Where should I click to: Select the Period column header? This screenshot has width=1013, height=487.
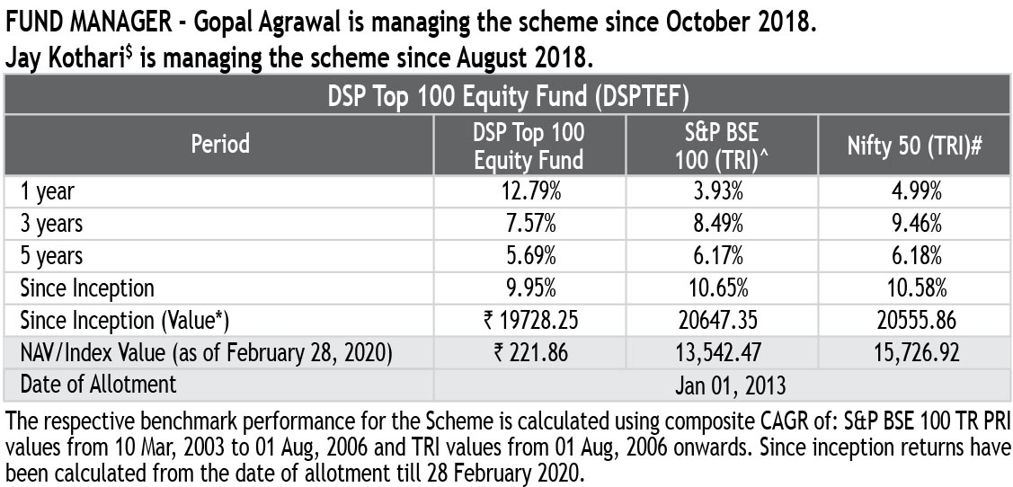[x=220, y=144]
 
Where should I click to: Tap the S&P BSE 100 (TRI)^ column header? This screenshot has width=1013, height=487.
[x=722, y=145]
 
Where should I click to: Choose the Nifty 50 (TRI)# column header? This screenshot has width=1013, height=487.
[x=915, y=146]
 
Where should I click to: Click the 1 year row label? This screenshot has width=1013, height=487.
[x=47, y=191]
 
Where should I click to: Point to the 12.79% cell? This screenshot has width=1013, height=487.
[x=529, y=191]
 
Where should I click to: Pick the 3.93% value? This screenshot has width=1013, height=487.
[x=721, y=191]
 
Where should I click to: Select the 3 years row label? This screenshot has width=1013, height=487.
[x=52, y=224]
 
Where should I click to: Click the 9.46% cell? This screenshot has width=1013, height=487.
[x=915, y=224]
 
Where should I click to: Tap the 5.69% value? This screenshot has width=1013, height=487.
[x=529, y=256]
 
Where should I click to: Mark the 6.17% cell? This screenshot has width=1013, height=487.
[x=721, y=256]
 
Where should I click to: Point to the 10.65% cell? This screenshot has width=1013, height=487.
[x=721, y=288]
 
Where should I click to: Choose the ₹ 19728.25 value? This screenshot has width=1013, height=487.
[x=529, y=321]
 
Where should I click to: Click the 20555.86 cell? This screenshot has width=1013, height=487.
[x=915, y=321]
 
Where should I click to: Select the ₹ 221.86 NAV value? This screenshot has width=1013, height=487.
[x=529, y=352]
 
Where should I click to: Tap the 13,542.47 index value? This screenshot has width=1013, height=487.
[x=721, y=352]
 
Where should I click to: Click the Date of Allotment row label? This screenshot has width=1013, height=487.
[x=98, y=385]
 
